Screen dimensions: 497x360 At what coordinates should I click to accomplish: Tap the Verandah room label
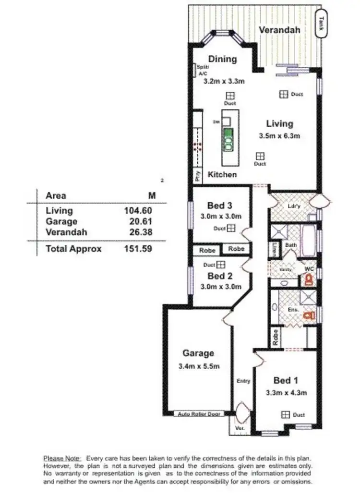(x=279, y=30)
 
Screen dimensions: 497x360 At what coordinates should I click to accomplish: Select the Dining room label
(x=222, y=59)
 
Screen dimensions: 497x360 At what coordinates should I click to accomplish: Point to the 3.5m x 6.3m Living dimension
(x=280, y=136)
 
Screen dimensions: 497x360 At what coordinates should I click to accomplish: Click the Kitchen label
(x=222, y=174)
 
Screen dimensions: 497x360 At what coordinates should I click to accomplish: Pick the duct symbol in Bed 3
(x=231, y=228)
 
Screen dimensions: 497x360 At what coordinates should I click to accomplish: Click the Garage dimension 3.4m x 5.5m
(x=198, y=366)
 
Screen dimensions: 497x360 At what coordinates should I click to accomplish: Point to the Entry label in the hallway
(x=243, y=381)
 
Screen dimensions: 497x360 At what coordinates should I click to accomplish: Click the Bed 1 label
(x=282, y=380)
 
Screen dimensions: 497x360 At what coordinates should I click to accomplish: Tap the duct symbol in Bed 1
(x=285, y=414)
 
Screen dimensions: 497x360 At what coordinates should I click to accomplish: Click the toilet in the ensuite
(x=308, y=315)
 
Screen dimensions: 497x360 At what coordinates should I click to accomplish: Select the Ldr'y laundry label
(x=294, y=206)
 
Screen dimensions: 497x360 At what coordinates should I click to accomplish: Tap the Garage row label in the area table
(x=61, y=221)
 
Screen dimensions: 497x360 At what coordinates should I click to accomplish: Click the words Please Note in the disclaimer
(x=62, y=458)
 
